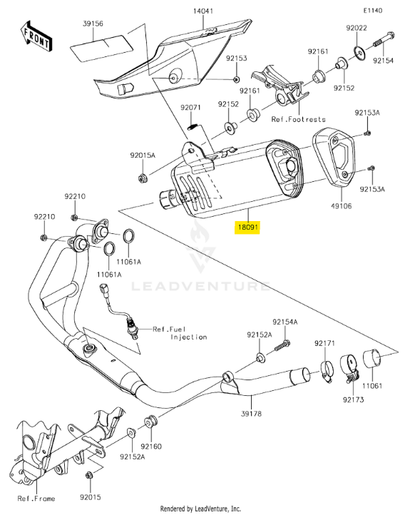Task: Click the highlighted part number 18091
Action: (248, 227)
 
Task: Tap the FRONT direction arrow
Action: (35, 36)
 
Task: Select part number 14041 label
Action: (203, 11)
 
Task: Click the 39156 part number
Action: (93, 24)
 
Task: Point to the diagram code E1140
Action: (373, 11)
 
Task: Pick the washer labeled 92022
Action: (359, 52)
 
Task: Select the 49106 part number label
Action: (341, 206)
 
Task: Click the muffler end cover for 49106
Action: (334, 158)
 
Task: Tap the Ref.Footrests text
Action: (299, 119)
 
